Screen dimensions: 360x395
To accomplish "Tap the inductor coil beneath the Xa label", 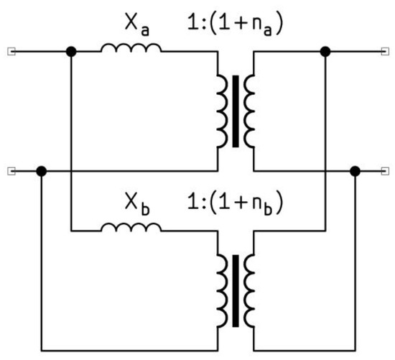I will pos(131,49).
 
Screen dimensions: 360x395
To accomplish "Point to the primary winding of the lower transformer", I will pos(221,288).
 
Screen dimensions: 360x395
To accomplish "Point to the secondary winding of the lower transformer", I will pos(249,288).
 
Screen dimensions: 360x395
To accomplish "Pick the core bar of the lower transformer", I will pos(236,288).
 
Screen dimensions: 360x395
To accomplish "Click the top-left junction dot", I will pos(70,52).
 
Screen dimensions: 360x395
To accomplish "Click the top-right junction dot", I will pos(325,52).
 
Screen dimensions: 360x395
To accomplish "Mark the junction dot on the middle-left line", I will pos(42,171).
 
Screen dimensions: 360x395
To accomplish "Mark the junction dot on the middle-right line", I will pos(354,171).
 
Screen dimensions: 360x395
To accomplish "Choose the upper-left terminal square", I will pos(10,52).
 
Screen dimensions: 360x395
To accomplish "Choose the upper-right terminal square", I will pos(386,52).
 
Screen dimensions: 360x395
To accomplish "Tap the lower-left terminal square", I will pos(10,171).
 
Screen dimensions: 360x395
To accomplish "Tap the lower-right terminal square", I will pos(386,171).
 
